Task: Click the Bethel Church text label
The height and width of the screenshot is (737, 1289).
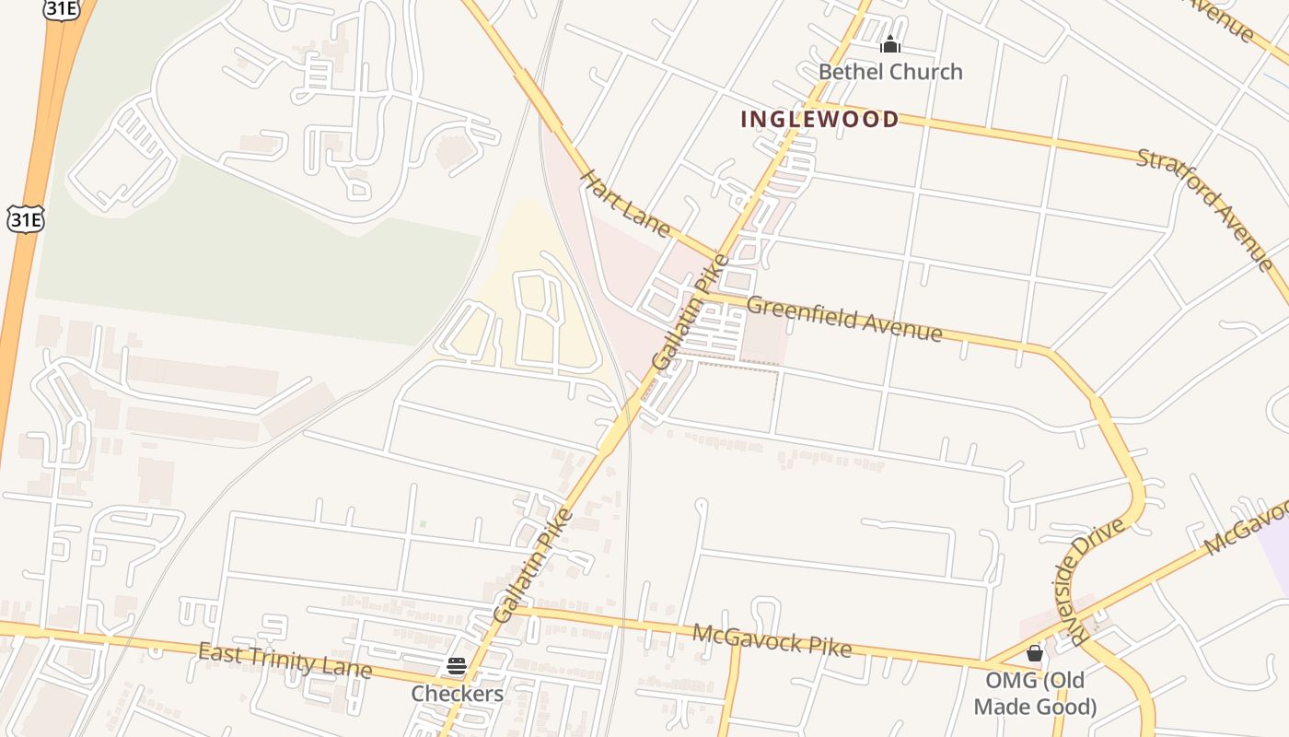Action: click(x=889, y=72)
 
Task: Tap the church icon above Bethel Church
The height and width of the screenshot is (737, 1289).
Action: click(x=889, y=44)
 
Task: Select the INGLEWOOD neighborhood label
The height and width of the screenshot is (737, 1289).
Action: click(x=819, y=119)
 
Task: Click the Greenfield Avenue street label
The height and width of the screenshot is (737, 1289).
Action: click(x=844, y=318)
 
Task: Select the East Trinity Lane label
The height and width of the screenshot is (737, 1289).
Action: click(x=285, y=661)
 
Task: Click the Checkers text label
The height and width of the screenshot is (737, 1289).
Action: click(x=457, y=694)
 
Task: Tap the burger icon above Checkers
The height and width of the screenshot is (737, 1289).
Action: click(x=457, y=666)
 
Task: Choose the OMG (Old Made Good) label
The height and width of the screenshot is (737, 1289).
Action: click(x=1035, y=694)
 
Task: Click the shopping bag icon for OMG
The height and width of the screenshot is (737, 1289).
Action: click(x=1035, y=653)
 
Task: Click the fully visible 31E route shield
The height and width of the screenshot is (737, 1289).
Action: click(x=25, y=218)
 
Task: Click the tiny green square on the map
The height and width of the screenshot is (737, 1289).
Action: click(x=423, y=523)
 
